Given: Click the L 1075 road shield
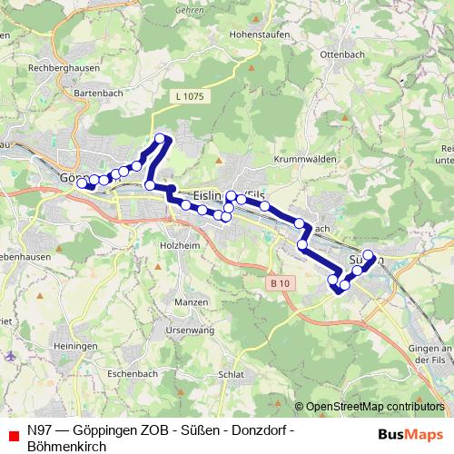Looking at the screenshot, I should [x=186, y=94].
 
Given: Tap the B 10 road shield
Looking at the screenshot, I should [x=281, y=284].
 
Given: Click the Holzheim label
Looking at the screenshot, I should [x=173, y=244].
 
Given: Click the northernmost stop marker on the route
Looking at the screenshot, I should [x=161, y=139].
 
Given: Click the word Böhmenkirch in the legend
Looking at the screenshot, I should [x=66, y=445].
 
